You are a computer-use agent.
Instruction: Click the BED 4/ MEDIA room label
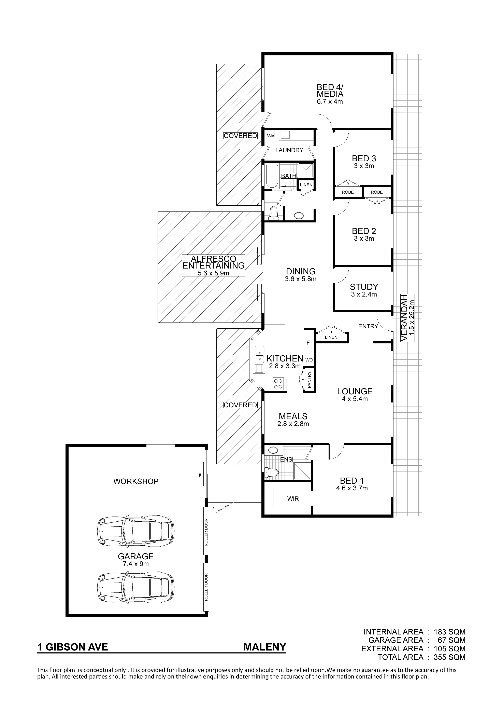pos(330,91)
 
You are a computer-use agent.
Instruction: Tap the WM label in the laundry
pos(271,136)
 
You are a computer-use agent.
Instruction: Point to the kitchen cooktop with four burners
pos(278,384)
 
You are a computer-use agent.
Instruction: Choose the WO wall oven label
pos(309,360)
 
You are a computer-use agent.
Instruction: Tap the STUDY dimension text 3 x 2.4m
pos(364,294)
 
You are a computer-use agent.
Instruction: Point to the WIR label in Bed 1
pos(293,499)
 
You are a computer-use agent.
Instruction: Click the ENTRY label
pos(368,326)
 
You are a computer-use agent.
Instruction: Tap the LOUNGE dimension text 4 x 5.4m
pos(355,399)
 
